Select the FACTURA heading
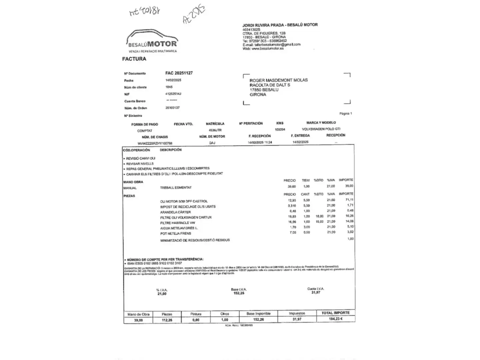click(134, 59)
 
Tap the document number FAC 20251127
click(179, 73)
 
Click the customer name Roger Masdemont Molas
click(278, 80)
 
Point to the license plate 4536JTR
click(215, 130)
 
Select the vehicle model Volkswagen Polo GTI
click(321, 129)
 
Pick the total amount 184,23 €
click(336, 319)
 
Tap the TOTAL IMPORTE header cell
click(335, 313)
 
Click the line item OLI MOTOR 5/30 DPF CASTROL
click(184, 201)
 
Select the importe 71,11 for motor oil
click(349, 200)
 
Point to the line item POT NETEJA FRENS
click(176, 233)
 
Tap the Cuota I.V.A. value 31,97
click(316, 293)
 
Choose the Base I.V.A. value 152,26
click(239, 293)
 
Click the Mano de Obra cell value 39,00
click(138, 320)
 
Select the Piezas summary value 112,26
click(167, 320)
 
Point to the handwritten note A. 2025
click(194, 14)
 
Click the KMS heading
click(280, 123)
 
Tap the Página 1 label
click(346, 114)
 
